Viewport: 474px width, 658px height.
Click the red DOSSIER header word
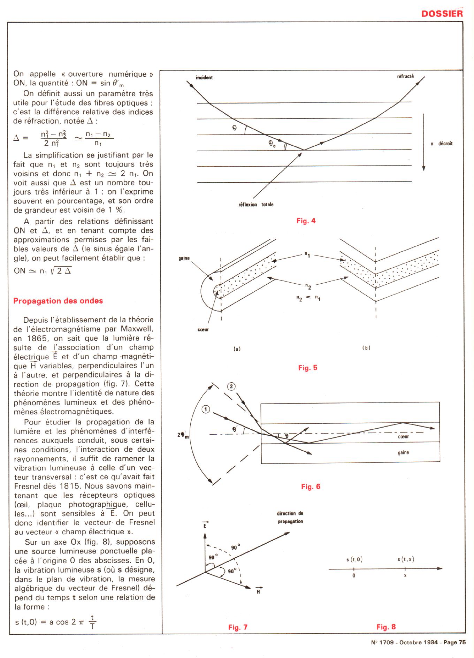[x=442, y=14]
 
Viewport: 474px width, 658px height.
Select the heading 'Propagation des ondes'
[x=58, y=301]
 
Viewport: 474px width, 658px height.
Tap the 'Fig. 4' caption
[x=306, y=221]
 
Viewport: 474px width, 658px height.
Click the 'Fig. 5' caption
[x=308, y=368]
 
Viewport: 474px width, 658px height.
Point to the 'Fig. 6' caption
[x=311, y=487]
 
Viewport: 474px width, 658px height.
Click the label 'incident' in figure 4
[x=204, y=77]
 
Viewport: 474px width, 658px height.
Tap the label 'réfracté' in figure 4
[x=405, y=76]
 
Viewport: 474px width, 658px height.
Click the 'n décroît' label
[x=442, y=144]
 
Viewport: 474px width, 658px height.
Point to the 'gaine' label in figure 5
[x=184, y=258]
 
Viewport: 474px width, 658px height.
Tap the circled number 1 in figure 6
[x=206, y=410]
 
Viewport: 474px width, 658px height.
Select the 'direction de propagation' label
[x=290, y=518]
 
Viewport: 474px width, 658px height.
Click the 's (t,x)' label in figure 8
[x=406, y=559]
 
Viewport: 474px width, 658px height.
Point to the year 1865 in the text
[x=35, y=338]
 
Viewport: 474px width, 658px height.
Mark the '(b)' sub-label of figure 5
[x=366, y=348]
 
